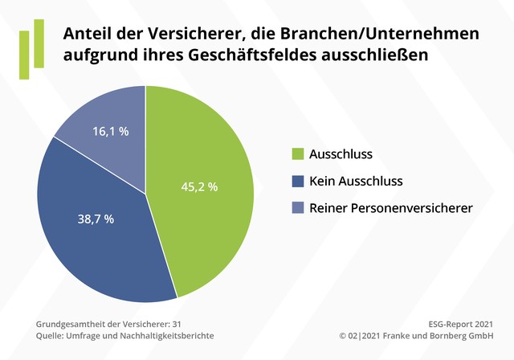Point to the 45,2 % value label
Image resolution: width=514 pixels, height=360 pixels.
198,186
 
